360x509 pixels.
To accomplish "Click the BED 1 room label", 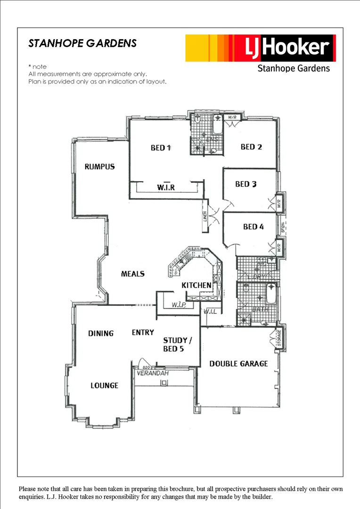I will pos(160,148).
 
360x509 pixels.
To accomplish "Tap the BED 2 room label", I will pos(251,147).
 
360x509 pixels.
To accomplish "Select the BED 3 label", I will pos(246,184).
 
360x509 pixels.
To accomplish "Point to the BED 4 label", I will pos(254,227).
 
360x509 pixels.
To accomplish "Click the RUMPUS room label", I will pos(99,167).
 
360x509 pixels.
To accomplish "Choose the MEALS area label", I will pos(133,274).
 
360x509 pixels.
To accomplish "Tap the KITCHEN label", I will pos(196,285).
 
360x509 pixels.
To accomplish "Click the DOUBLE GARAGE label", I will pos(238,364).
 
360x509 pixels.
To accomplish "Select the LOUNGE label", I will pos(104,386).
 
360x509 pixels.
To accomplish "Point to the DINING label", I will pos(101,334).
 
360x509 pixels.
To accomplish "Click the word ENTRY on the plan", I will pos(143,333).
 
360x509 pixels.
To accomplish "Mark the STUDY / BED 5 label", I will pos(178,345).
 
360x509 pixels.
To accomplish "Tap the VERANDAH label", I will pos(152,373).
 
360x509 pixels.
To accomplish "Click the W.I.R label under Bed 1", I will pos(166,188).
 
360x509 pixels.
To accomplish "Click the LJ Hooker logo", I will pos(260,48).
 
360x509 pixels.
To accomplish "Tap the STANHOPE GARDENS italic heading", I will pos(82,43).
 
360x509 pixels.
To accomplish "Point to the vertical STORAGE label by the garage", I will pos(278,338).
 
